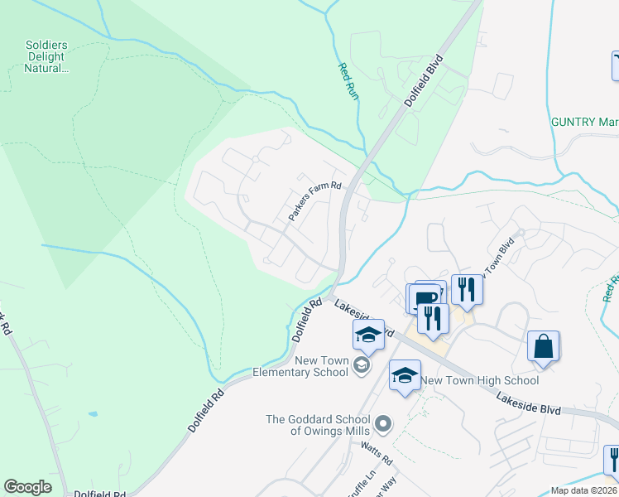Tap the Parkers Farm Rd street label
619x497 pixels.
point(314,201)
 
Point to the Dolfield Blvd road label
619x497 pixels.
point(424,80)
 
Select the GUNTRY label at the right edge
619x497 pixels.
point(584,122)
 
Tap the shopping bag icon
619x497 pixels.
point(544,346)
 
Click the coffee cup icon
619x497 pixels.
point(425,297)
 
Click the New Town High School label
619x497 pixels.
point(480,380)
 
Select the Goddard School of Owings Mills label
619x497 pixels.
point(319,425)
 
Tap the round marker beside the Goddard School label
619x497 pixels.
point(382,425)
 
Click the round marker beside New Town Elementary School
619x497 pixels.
point(361,364)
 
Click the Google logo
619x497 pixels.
point(27,487)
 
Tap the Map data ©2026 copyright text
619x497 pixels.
point(583,490)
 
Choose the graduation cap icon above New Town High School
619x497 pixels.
point(405,375)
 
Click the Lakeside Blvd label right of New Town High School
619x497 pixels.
point(529,403)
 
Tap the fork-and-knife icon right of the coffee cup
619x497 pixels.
point(467,289)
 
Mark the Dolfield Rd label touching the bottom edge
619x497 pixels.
point(98,494)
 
